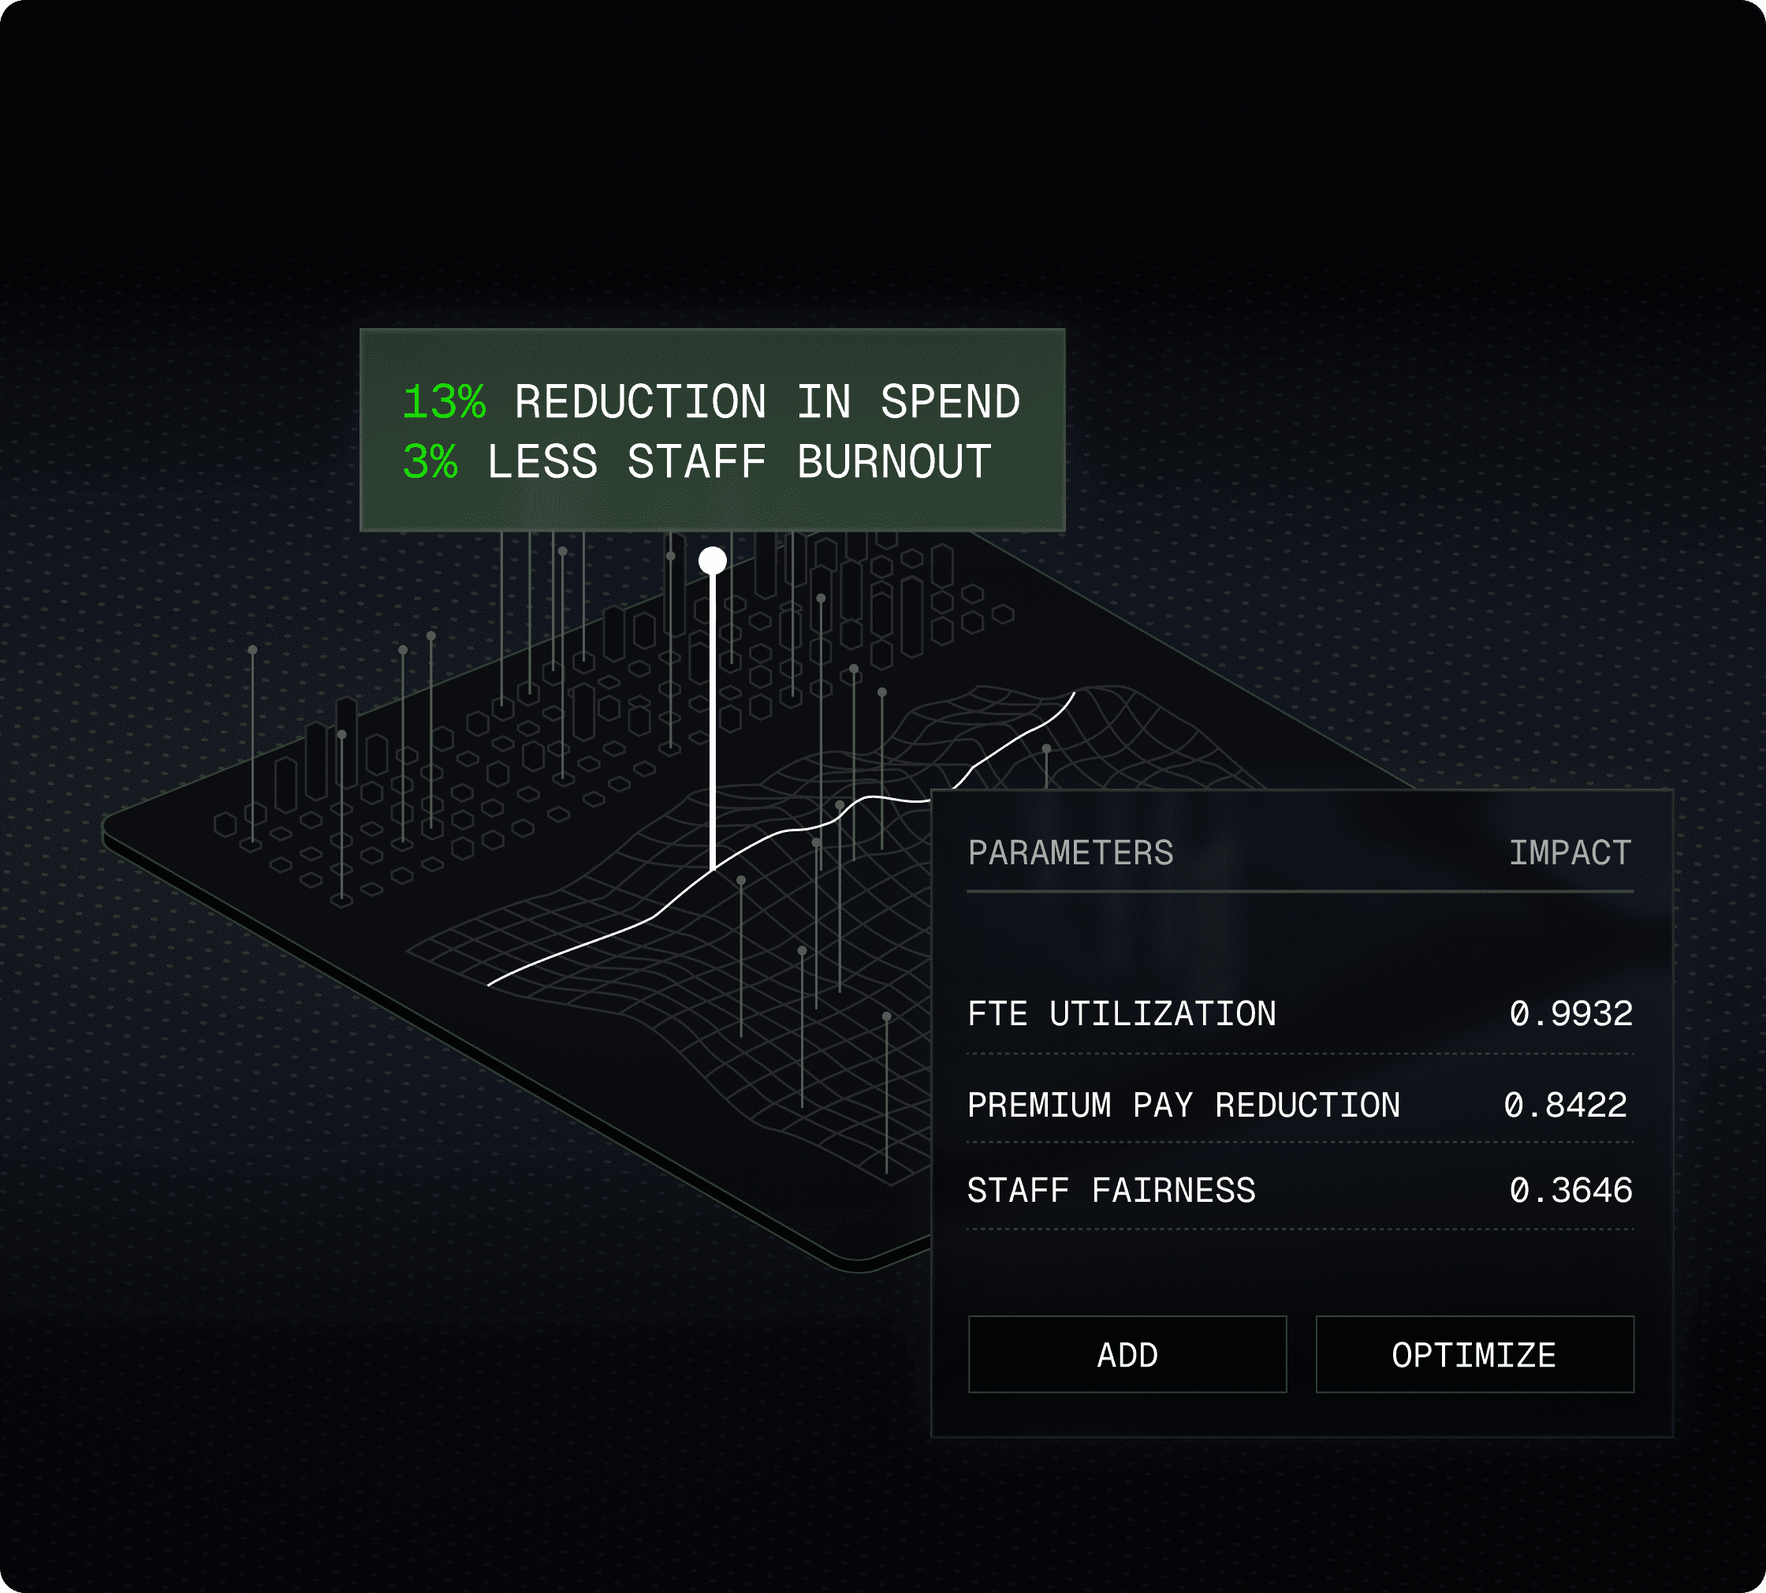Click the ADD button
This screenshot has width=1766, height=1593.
[x=1127, y=1355]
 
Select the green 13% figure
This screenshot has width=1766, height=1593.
[x=444, y=403]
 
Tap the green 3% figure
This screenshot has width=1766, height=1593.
[x=430, y=461]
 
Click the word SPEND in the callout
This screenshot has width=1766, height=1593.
[x=949, y=403]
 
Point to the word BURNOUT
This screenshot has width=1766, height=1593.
[x=893, y=461]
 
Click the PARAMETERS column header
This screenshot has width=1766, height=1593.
[x=1071, y=852]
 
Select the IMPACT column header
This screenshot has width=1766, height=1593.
[x=1570, y=852]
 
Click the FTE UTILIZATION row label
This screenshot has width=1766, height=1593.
[x=1121, y=1013]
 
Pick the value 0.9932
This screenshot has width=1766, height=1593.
[x=1570, y=1013]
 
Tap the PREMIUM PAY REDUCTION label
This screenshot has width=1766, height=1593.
[x=1183, y=1106]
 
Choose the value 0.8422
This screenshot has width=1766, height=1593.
[x=1565, y=1106]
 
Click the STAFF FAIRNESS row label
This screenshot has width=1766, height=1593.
[x=1111, y=1190]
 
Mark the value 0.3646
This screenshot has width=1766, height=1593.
[x=1570, y=1190]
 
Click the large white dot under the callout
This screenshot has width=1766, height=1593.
[x=713, y=560]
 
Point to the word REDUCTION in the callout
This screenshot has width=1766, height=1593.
[x=639, y=403]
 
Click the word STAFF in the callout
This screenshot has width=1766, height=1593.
[x=697, y=461]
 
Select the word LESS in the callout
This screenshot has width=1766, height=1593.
[x=542, y=461]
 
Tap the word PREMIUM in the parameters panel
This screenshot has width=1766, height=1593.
[x=1039, y=1106]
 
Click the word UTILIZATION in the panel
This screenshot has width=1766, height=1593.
[x=1162, y=1013]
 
